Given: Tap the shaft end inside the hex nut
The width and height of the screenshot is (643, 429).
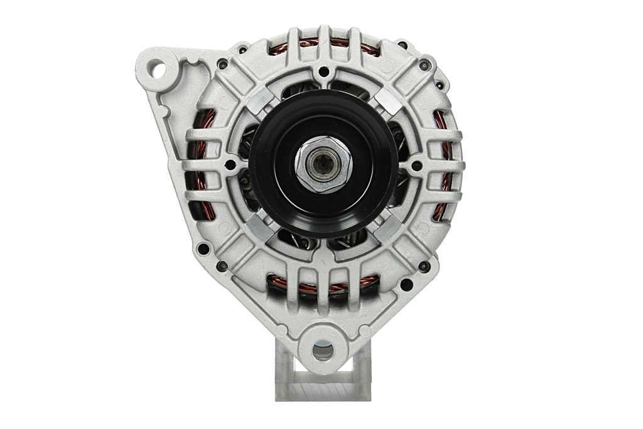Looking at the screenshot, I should pyautogui.click(x=323, y=166).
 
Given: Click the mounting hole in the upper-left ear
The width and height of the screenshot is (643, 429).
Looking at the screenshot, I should pyautogui.click(x=157, y=69).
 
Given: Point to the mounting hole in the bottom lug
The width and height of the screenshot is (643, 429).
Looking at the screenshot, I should pyautogui.click(x=323, y=350).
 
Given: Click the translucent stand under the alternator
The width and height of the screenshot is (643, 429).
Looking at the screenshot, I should pyautogui.click(x=323, y=383).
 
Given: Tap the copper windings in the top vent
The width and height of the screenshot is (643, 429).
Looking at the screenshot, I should pyautogui.click(x=323, y=45).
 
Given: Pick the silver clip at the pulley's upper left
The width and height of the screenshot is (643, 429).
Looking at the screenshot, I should pyautogui.click(x=259, y=101).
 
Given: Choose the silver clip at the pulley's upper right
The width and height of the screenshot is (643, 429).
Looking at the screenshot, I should pyautogui.click(x=388, y=101).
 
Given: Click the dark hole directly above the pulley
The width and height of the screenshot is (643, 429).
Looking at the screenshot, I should pyautogui.click(x=323, y=71).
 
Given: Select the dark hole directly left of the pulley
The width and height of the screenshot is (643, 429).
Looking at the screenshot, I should pyautogui.click(x=230, y=165).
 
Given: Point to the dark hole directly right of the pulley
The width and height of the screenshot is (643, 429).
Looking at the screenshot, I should pyautogui.click(x=416, y=166).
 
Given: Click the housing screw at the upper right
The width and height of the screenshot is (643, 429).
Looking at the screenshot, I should pyautogui.click(x=425, y=65).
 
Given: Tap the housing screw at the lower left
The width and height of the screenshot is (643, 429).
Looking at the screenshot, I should pyautogui.click(x=222, y=266).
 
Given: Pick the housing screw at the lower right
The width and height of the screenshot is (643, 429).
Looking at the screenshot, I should pyautogui.click(x=425, y=266).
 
